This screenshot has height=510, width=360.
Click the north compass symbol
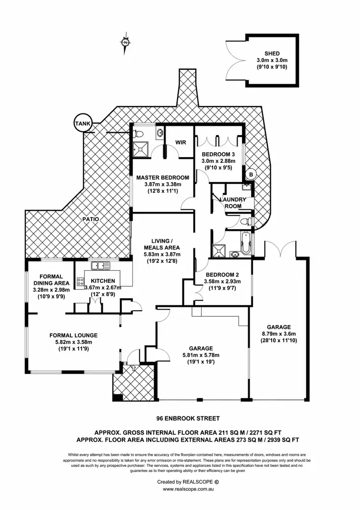click(125, 43)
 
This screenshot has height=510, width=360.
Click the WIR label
click(180, 143)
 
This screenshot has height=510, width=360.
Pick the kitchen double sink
click(101, 265)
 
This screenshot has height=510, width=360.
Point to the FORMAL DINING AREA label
click(51, 279)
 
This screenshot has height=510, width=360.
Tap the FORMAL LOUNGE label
click(73, 335)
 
